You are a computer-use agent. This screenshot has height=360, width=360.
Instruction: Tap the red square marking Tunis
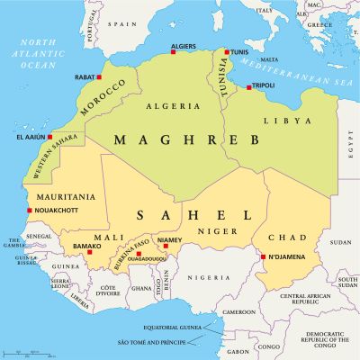(227, 52)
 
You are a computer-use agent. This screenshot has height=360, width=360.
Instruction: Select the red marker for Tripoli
(249, 87)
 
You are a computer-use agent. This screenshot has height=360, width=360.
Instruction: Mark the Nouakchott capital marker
(31, 211)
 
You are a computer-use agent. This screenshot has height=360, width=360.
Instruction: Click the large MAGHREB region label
(186, 139)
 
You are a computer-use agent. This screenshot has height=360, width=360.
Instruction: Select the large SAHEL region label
(193, 215)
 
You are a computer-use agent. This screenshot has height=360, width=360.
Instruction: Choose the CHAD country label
(287, 237)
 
